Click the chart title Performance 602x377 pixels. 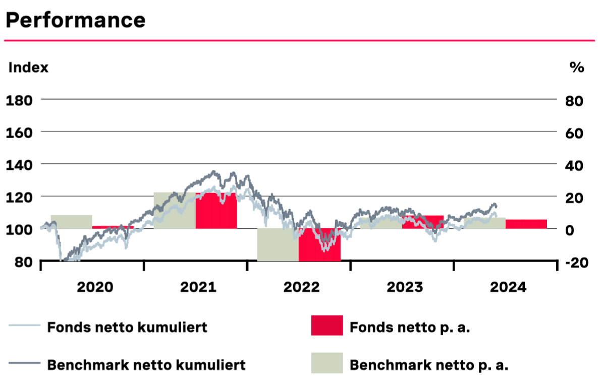[75, 20]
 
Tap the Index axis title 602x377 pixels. [28, 68]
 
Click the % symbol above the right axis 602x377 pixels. [576, 68]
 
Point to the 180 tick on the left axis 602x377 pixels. [19, 100]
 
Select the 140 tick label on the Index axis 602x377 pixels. [19, 165]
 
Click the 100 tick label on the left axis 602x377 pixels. [19, 229]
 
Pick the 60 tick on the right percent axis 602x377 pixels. [575, 133]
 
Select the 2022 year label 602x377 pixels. [301, 288]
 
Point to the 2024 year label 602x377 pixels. [508, 288]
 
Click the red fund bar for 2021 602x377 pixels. [216, 211]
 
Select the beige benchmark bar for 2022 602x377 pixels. [278, 245]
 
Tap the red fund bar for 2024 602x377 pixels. [526, 224]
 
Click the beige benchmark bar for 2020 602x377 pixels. [71, 222]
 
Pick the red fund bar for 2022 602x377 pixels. [319, 245]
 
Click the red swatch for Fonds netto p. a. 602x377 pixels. [327, 326]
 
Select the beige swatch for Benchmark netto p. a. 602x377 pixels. [327, 363]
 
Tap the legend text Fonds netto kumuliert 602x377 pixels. [127, 327]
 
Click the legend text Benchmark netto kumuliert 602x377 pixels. [146, 364]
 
